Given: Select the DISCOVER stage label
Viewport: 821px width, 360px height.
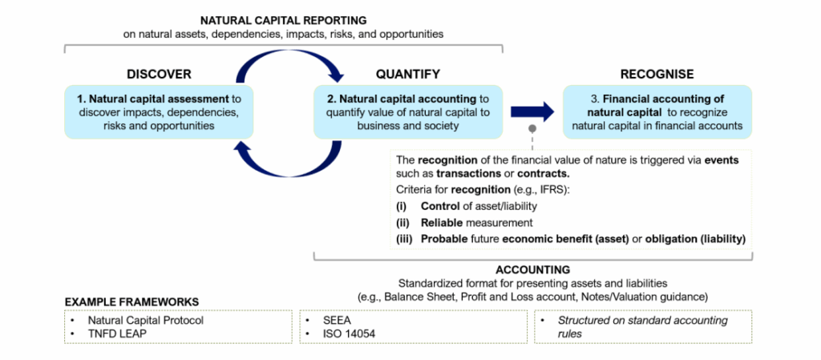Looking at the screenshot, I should [159, 75].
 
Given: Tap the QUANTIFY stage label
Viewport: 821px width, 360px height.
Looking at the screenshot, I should [407, 75].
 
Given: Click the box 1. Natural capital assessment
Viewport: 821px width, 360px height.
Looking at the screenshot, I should [159, 111].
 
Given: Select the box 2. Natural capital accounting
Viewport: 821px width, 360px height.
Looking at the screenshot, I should [407, 111].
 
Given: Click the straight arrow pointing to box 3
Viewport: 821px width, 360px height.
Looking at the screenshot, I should [532, 111].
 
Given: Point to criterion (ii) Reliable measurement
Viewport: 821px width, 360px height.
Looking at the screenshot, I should [464, 223].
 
